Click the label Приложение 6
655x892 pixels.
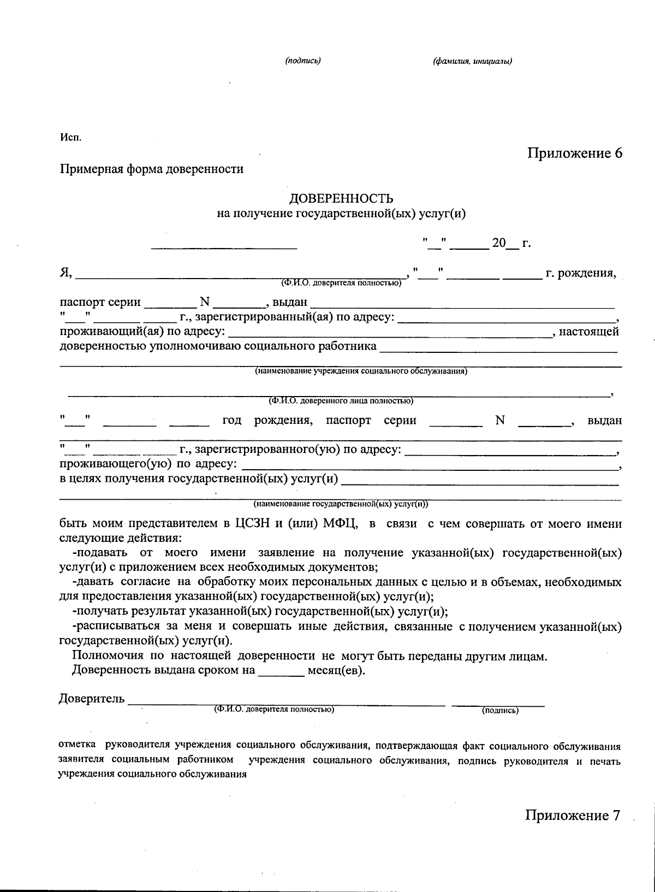click(x=574, y=153)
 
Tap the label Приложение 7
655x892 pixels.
click(x=573, y=816)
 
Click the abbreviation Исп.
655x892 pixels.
click(x=70, y=137)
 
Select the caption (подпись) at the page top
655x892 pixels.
click(x=302, y=61)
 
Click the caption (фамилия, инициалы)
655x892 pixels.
click(x=472, y=61)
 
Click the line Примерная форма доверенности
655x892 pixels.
click(x=152, y=169)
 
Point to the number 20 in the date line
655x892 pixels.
click(x=499, y=243)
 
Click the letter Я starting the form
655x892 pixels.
click(x=65, y=273)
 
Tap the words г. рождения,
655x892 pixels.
click(x=581, y=273)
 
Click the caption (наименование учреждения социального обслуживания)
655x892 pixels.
click(x=361, y=371)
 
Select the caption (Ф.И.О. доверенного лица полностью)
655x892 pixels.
click(x=340, y=401)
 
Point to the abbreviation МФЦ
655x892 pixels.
click(x=340, y=524)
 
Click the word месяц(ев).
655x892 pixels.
click(x=336, y=670)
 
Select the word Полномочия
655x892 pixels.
click(x=108, y=656)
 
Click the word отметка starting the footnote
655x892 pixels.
click(x=76, y=745)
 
